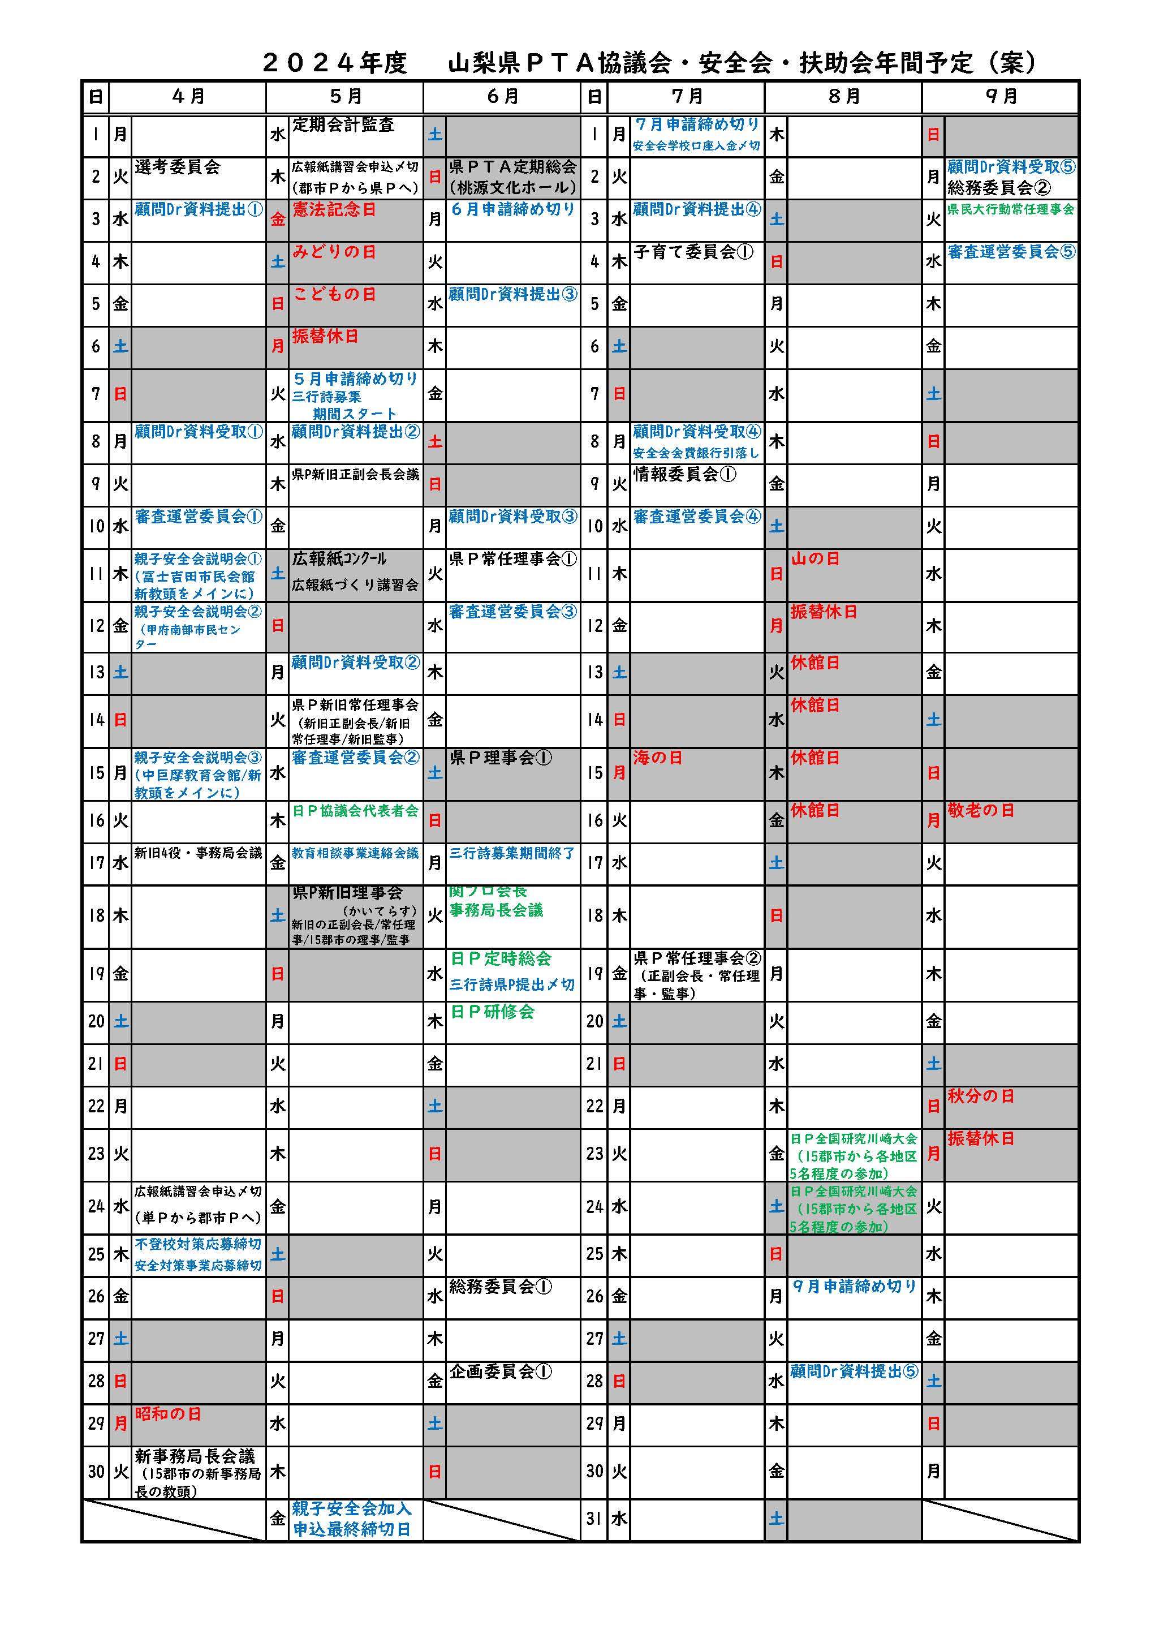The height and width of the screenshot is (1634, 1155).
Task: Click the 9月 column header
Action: (x=1001, y=97)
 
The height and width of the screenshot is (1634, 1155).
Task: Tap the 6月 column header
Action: (x=502, y=97)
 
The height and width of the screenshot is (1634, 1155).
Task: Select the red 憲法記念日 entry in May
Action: (x=334, y=210)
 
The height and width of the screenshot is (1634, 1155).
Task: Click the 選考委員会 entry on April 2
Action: (x=177, y=167)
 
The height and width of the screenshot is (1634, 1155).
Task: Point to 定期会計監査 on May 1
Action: (x=343, y=125)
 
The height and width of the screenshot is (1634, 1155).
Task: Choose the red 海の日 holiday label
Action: (x=658, y=758)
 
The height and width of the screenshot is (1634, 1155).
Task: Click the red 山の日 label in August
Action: (x=815, y=558)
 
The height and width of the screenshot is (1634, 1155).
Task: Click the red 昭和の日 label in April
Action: (x=168, y=1413)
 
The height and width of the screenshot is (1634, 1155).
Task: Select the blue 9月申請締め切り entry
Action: (x=854, y=1286)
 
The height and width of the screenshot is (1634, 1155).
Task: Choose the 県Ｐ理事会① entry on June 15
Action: (x=500, y=758)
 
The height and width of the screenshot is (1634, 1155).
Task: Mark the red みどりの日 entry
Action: (x=334, y=252)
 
